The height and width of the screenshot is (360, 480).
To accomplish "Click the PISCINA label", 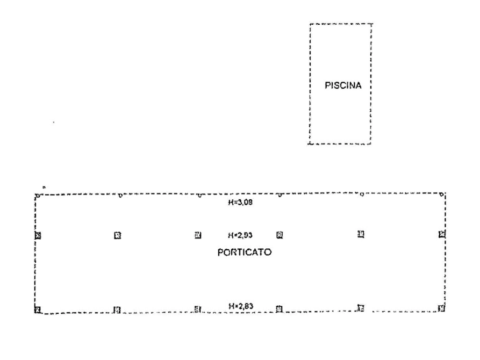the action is pyautogui.click(x=343, y=85).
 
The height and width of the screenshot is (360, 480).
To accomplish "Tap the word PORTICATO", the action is pyautogui.click(x=244, y=253).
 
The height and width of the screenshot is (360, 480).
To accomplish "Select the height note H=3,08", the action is pyautogui.click(x=240, y=203).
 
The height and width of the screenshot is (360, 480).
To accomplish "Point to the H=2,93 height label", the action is pyautogui.click(x=240, y=235).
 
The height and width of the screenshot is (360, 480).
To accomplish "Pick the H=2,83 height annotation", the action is pyautogui.click(x=241, y=306).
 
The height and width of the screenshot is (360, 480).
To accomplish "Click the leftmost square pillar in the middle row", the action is pyautogui.click(x=38, y=235).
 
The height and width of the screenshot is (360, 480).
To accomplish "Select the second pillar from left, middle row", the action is pyautogui.click(x=118, y=235).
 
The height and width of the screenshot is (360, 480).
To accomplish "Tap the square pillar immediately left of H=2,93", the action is pyautogui.click(x=198, y=235).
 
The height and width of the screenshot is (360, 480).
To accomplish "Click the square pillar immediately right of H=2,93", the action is pyautogui.click(x=280, y=235).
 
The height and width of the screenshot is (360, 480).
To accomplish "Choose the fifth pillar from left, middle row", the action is pyautogui.click(x=361, y=234).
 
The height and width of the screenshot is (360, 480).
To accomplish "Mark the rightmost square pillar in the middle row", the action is pyautogui.click(x=442, y=234).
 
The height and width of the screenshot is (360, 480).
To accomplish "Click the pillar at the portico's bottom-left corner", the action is pyautogui.click(x=38, y=310).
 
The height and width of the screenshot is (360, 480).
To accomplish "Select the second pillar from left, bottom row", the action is pyautogui.click(x=117, y=310).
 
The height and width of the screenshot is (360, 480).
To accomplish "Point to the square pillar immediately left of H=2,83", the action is pyautogui.click(x=197, y=309).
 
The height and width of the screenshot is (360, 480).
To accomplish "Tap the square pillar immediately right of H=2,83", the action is pyautogui.click(x=279, y=309).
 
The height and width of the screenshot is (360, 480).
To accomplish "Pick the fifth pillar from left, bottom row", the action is pyautogui.click(x=361, y=308).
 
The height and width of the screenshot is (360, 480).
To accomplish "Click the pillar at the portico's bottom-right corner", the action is pyautogui.click(x=441, y=308).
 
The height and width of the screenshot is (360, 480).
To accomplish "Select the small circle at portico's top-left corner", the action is pyautogui.click(x=37, y=196).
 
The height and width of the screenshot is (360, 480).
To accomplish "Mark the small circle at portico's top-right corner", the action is pyautogui.click(x=441, y=194).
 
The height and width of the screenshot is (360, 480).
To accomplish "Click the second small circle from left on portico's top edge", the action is pyautogui.click(x=120, y=195).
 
